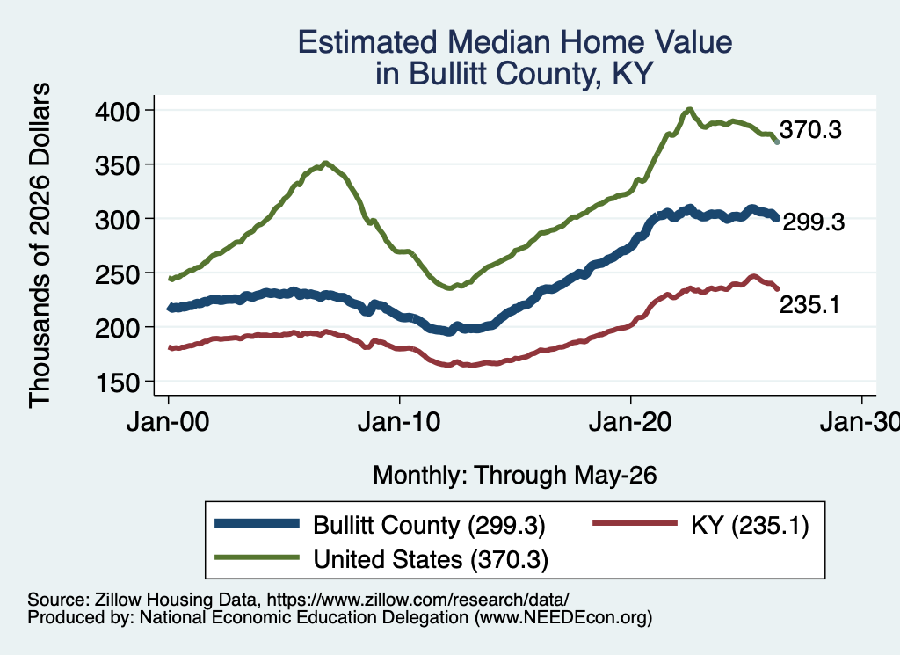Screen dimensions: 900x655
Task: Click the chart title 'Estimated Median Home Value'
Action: click(x=515, y=42)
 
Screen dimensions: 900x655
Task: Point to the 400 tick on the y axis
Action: click(x=117, y=111)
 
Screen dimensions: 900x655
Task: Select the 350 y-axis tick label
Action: click(x=117, y=165)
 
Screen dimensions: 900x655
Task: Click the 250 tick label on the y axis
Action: click(x=117, y=273)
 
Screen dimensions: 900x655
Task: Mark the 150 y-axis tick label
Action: click(x=117, y=382)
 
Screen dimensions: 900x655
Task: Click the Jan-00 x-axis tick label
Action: click(x=168, y=422)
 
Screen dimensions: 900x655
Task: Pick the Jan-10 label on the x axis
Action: click(x=399, y=422)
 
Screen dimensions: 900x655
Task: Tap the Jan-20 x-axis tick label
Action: click(x=630, y=422)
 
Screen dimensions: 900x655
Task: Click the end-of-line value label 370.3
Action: click(x=810, y=130)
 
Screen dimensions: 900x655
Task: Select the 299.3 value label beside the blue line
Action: click(x=813, y=222)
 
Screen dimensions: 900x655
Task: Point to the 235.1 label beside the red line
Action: click(x=809, y=305)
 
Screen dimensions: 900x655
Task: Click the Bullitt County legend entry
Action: click(x=380, y=525)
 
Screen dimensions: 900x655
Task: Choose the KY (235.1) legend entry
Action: click(x=700, y=525)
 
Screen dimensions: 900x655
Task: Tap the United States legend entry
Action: click(x=381, y=559)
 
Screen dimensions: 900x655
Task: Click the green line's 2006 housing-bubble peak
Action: click(x=325, y=163)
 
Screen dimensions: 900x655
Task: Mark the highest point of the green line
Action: click(x=689, y=109)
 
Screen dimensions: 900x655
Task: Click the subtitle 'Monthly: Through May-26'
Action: click(x=515, y=476)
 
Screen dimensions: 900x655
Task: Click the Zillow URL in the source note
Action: click(x=417, y=600)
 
